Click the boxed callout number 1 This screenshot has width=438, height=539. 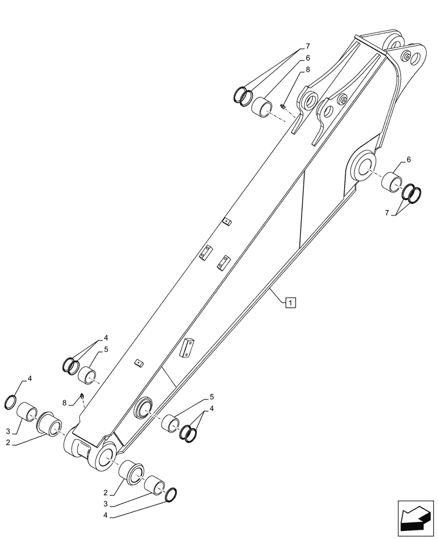(x=290, y=302)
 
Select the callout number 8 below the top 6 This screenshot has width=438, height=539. (x=308, y=69)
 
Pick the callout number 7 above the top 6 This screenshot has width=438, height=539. (x=308, y=46)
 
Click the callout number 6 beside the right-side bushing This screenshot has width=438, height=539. (x=408, y=160)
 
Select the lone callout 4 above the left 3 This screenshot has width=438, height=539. (x=29, y=378)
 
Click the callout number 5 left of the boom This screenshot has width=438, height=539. (x=106, y=349)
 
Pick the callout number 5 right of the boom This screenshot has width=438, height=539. (x=206, y=398)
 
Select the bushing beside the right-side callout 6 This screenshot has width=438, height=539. (x=392, y=182)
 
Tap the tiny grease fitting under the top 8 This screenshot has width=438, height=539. (x=283, y=106)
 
